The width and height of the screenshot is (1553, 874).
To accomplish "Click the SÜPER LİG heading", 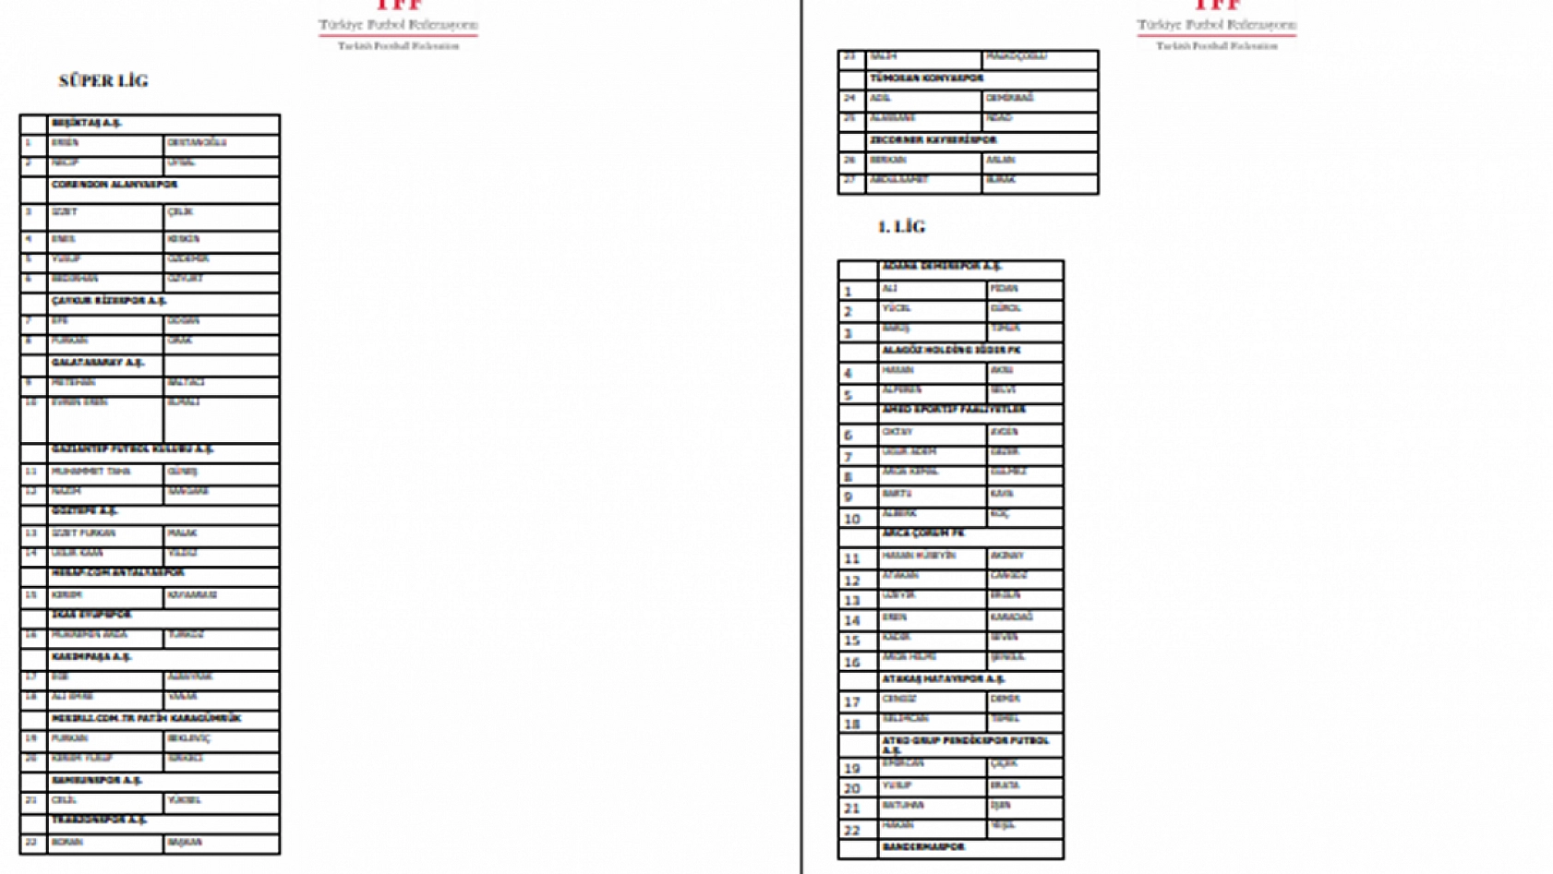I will (x=103, y=81).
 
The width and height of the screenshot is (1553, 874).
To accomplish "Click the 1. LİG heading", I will (x=901, y=227).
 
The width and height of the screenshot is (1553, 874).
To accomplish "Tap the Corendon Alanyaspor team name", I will (x=114, y=185).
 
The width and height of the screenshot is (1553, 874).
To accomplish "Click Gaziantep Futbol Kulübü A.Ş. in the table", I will (x=132, y=449).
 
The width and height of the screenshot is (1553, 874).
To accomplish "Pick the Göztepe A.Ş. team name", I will (x=85, y=511).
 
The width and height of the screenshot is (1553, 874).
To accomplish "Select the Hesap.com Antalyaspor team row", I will (x=117, y=573).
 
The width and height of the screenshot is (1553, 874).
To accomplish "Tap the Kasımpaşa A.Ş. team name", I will (x=91, y=657).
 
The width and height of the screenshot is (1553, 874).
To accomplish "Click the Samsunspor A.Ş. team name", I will (x=97, y=781).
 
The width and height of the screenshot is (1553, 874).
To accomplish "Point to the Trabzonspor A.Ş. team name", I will (x=99, y=820).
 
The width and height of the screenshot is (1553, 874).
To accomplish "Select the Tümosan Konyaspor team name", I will (x=926, y=79).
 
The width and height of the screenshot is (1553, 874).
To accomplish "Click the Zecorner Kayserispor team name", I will (x=933, y=140).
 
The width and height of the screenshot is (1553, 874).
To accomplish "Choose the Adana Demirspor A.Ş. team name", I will (x=942, y=267).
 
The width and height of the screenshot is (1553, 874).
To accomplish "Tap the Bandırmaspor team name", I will (x=923, y=847).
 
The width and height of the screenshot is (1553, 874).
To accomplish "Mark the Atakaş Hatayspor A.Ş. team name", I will (x=943, y=679).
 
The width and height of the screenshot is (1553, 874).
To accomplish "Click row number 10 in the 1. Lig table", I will (x=852, y=520).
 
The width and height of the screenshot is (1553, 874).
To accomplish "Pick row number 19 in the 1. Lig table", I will (x=852, y=769).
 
